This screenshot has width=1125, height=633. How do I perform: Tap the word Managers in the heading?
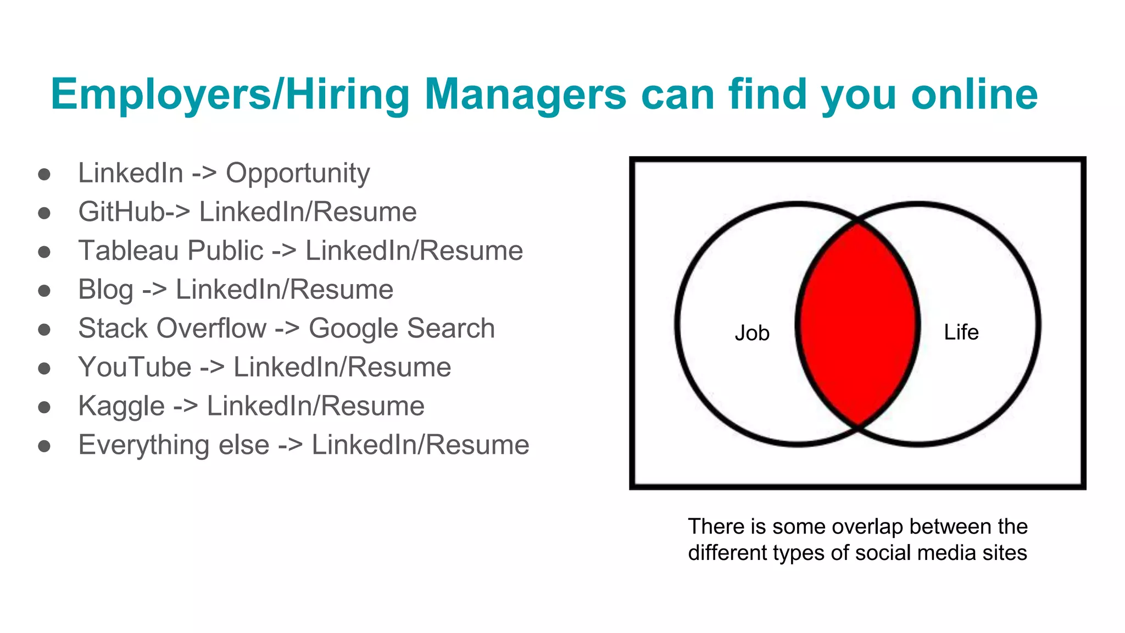pos(525,95)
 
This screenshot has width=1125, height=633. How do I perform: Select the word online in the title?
pos(974,95)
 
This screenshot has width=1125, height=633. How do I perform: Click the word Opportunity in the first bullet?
pos(298,174)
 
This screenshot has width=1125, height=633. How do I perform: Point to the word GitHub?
pos(121,212)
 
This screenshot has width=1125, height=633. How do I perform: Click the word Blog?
pos(105,290)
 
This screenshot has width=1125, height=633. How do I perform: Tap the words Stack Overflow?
pos(172,329)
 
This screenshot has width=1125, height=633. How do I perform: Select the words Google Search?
pos(402,329)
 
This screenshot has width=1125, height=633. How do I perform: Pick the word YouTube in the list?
pos(135,368)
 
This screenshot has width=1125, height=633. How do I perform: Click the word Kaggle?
pos(121,407)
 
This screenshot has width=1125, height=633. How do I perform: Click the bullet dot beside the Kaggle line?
pos(44,408)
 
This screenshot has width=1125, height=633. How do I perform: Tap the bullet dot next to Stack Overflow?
pos(44,330)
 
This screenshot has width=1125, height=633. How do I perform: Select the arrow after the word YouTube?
pos(212,368)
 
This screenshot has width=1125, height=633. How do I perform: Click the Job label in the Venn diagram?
pos(752,333)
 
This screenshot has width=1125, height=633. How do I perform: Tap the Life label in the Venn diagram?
pos(961,332)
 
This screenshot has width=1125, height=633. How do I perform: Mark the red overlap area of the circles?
pos(857,324)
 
